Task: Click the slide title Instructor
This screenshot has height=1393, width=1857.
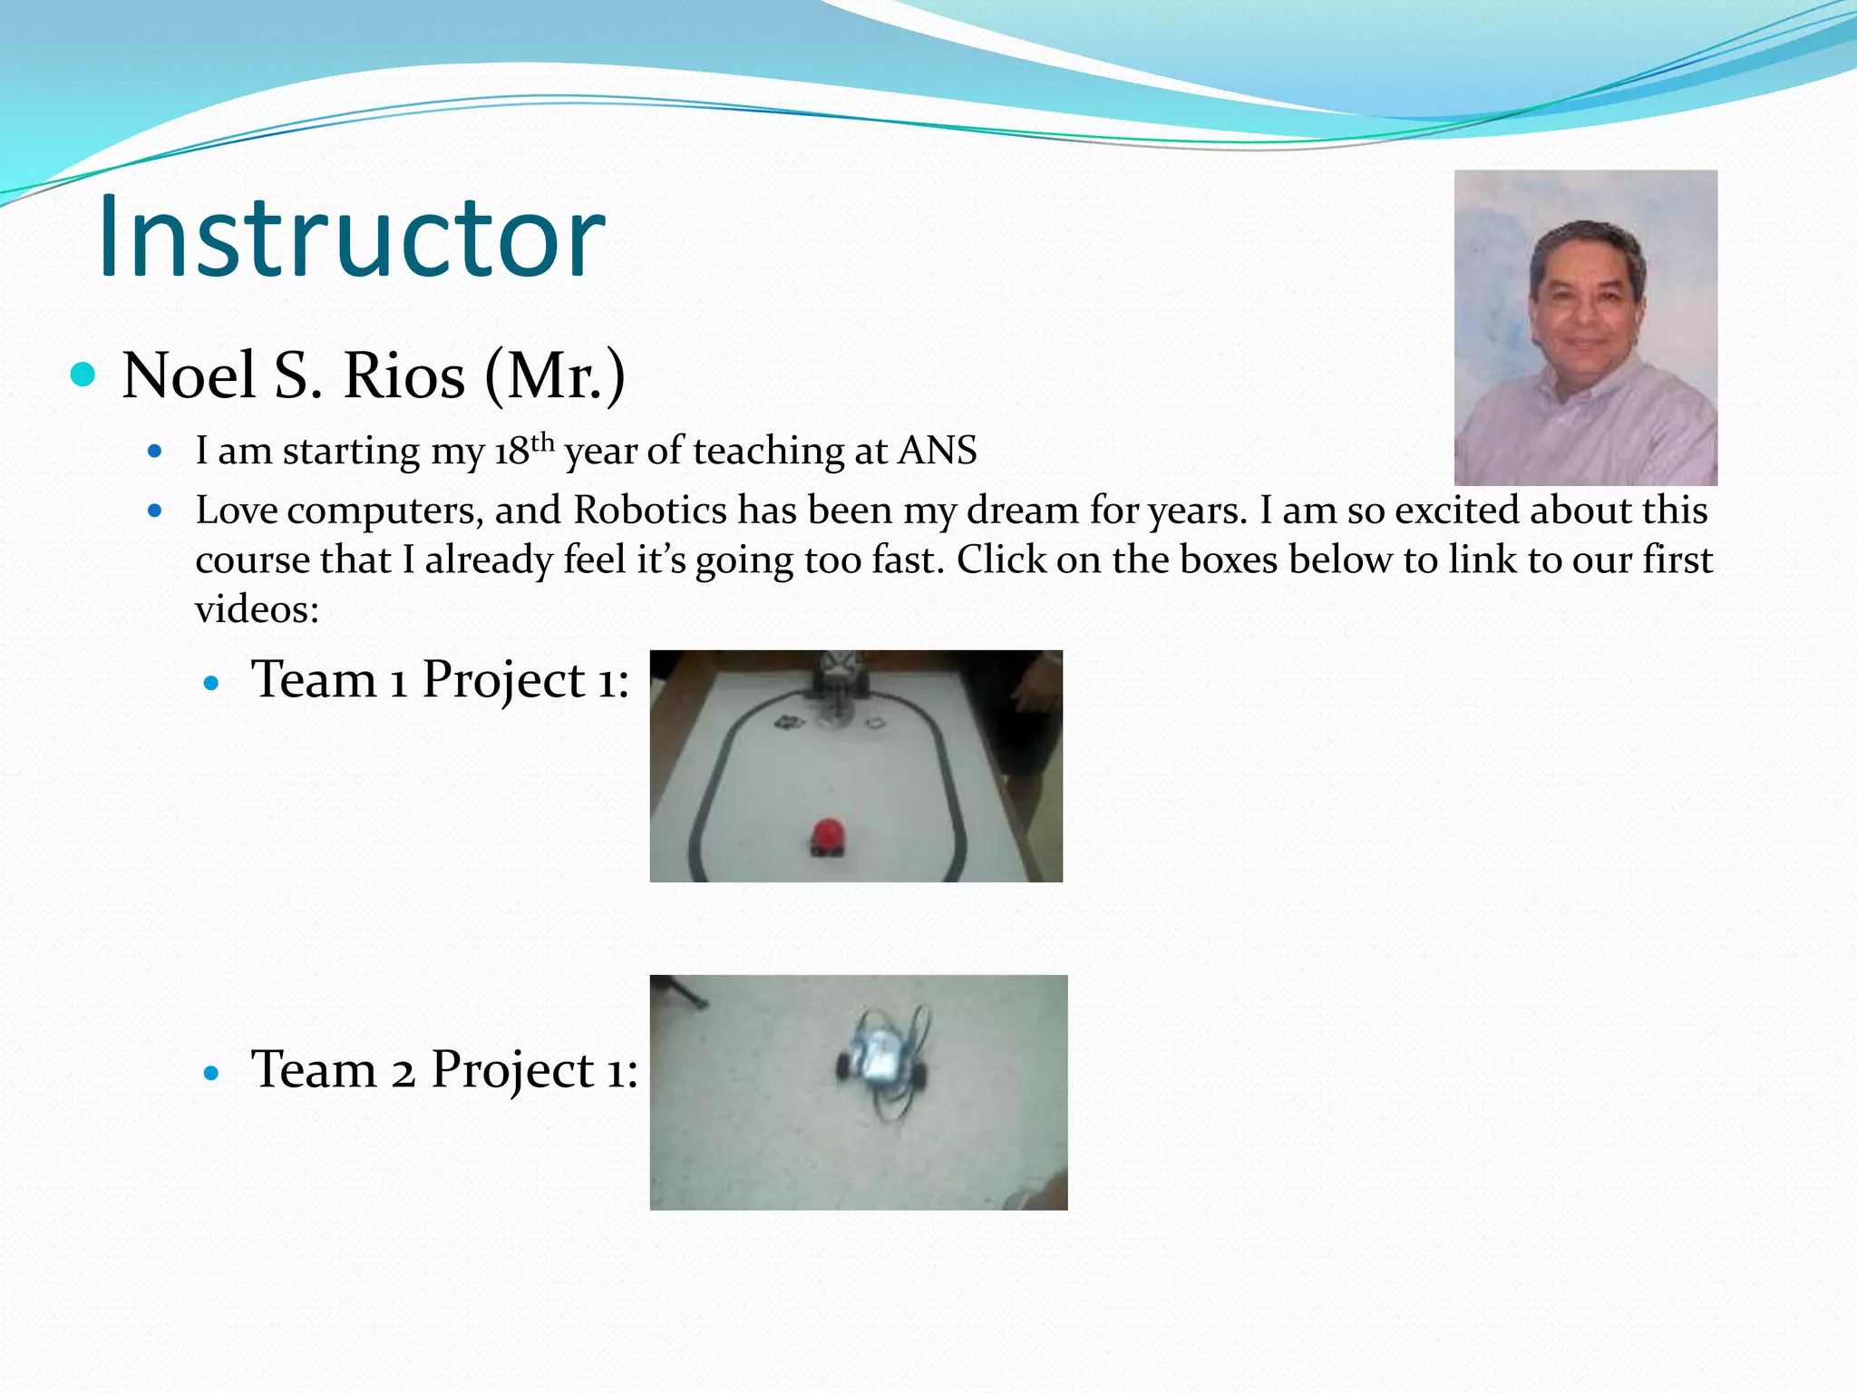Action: click(351, 238)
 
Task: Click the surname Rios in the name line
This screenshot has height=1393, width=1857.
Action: click(403, 376)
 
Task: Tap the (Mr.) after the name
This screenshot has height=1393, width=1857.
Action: click(555, 376)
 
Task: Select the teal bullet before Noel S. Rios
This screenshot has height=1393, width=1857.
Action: click(83, 374)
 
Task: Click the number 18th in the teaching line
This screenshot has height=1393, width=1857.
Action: click(523, 450)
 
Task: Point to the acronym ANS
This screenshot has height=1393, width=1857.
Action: click(937, 451)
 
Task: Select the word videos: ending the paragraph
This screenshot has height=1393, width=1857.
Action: click(257, 609)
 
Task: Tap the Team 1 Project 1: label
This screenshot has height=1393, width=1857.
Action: click(440, 680)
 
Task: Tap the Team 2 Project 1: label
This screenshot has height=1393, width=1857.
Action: click(444, 1069)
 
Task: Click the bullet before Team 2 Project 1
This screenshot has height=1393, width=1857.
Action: click(212, 1074)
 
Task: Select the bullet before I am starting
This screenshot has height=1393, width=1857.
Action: click(155, 451)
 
